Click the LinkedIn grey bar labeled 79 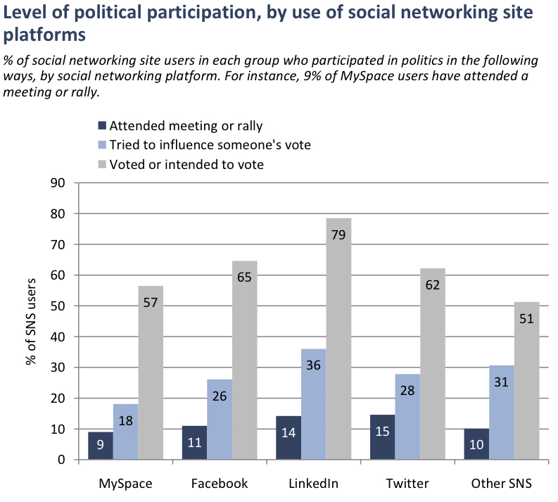(338, 339)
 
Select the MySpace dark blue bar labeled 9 (100, 446)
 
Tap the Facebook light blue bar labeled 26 (220, 420)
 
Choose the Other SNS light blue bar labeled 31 (502, 412)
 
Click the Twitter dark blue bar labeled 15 (383, 437)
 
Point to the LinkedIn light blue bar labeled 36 (314, 404)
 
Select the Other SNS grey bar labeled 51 (527, 381)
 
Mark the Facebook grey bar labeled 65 (245, 360)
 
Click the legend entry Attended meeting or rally (179, 126)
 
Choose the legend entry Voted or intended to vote (186, 164)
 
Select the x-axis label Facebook (220, 484)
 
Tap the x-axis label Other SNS (502, 484)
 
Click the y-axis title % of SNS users (31, 320)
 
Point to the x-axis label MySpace (125, 484)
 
